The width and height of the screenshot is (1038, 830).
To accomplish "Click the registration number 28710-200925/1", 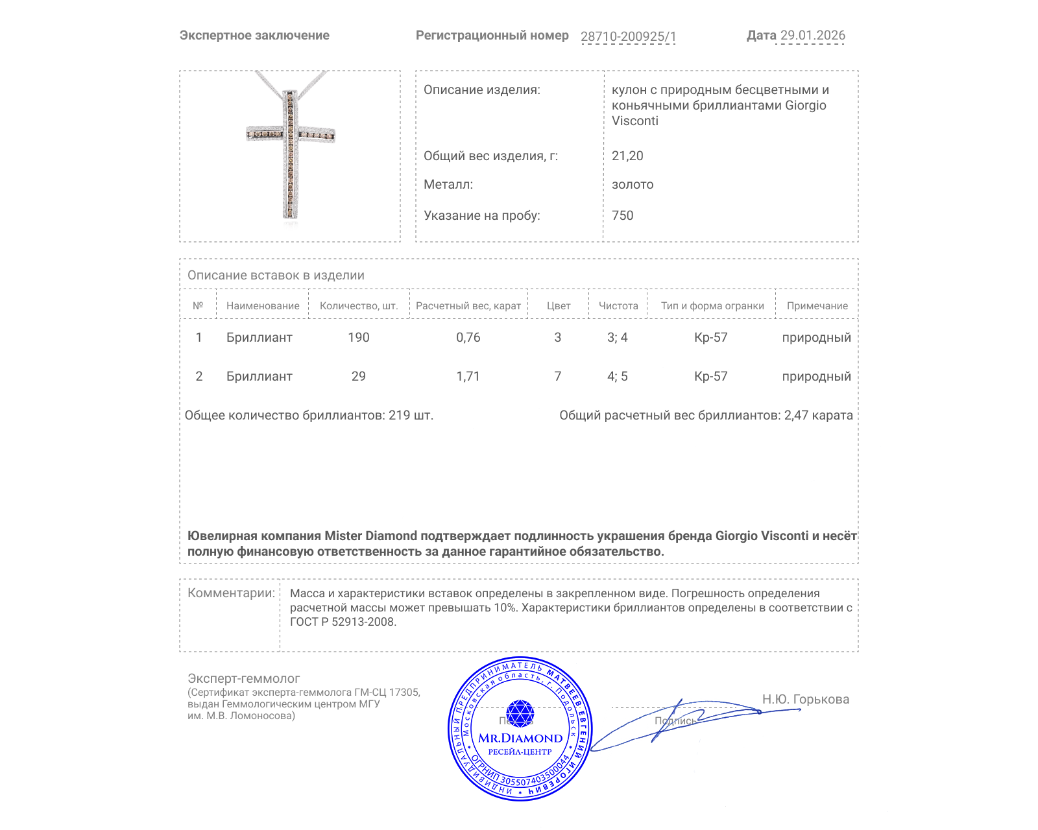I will click(x=628, y=36).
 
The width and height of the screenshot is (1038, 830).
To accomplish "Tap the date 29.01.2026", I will click(x=812, y=35).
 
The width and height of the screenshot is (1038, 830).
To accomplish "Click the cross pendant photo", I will click(x=290, y=148).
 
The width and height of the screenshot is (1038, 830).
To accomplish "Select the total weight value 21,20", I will click(x=627, y=156).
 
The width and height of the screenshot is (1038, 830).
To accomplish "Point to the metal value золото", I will click(x=633, y=184).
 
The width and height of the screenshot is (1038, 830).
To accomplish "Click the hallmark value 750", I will click(x=622, y=215).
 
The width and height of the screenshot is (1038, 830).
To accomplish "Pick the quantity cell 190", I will click(x=358, y=337).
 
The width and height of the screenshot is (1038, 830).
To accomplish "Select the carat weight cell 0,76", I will click(x=468, y=337).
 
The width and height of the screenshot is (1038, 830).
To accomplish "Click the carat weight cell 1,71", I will click(x=468, y=376).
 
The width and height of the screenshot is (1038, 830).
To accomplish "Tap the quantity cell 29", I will click(x=358, y=376).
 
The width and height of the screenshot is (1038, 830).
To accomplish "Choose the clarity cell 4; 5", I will click(x=617, y=376).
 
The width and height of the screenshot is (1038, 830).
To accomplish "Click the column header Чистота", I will click(x=618, y=305).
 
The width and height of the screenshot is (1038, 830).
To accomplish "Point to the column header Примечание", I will click(x=817, y=305).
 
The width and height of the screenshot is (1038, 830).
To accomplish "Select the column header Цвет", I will click(x=558, y=305).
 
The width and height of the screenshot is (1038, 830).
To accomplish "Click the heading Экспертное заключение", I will click(x=254, y=35).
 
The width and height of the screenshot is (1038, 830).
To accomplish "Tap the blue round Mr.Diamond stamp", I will click(x=520, y=729).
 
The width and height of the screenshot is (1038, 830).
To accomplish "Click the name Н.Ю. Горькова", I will click(x=805, y=699).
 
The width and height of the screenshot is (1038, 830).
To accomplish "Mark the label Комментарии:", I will click(x=231, y=593).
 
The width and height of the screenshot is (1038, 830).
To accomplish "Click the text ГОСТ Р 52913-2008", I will click(x=343, y=622).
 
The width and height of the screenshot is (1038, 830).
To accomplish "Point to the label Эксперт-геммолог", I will click(x=243, y=678).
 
